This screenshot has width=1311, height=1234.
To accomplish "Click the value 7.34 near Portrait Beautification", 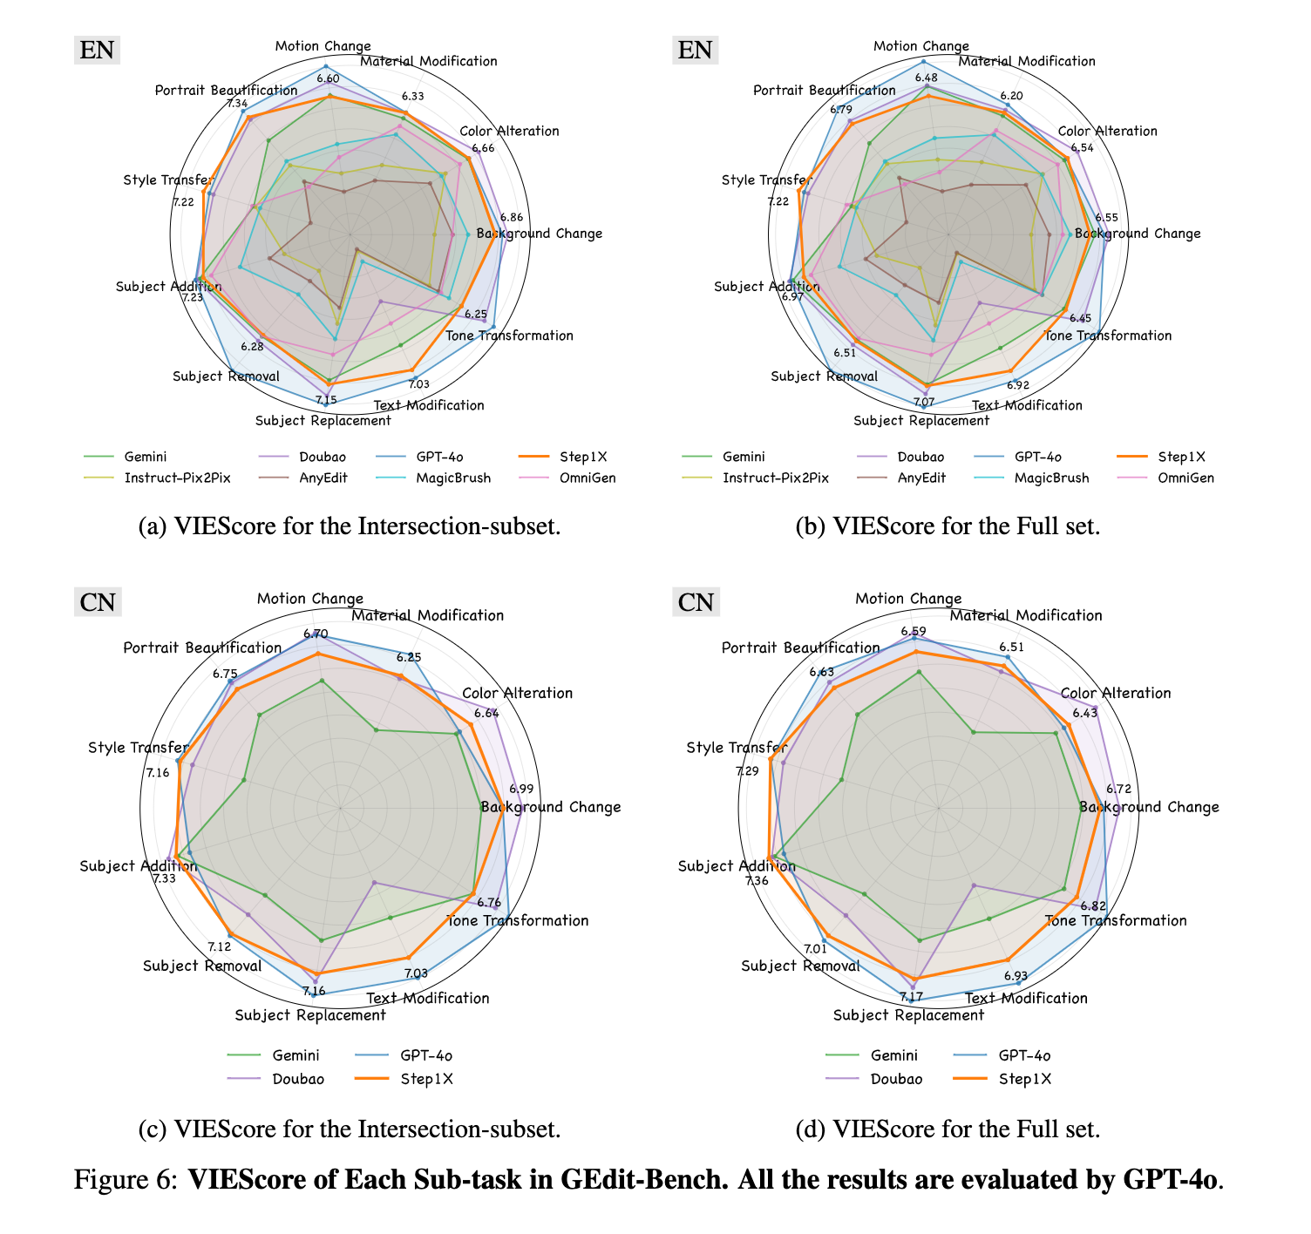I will (x=236, y=104).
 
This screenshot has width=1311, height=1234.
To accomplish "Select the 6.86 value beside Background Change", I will (x=513, y=217).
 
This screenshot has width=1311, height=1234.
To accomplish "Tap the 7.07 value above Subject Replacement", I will (x=924, y=402).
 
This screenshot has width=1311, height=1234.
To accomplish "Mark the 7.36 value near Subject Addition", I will (x=757, y=881).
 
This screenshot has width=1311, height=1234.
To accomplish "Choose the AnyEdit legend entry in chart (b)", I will (x=921, y=478).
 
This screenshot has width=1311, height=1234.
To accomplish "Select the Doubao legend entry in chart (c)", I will (x=297, y=1079).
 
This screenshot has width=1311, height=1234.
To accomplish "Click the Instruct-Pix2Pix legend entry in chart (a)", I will (x=170, y=478).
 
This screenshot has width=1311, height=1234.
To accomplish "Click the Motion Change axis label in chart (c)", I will (x=309, y=599).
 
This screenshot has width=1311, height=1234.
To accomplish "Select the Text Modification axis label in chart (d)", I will (x=1026, y=998).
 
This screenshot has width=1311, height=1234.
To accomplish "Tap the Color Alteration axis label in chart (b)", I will (x=1107, y=132).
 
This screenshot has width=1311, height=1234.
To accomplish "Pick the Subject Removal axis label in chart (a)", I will (x=226, y=376).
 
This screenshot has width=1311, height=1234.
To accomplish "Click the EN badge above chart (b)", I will (x=695, y=50).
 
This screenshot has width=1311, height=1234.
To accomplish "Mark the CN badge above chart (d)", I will (x=696, y=602).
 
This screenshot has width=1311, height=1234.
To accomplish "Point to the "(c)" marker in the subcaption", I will (x=153, y=1129).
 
